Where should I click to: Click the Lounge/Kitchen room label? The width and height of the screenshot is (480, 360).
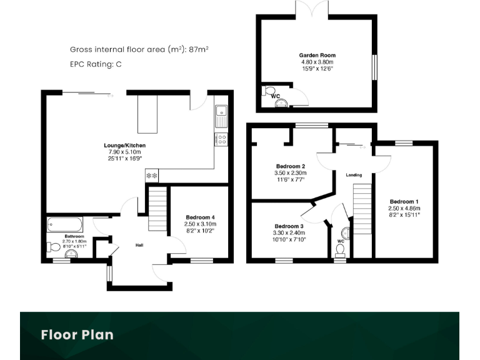[x=124, y=146]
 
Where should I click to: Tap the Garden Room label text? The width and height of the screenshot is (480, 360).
[x=318, y=55]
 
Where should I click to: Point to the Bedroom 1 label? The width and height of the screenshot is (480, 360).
[x=404, y=201]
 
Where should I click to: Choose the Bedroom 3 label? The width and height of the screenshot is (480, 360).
[x=289, y=226]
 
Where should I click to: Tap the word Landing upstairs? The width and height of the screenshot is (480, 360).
[x=354, y=175]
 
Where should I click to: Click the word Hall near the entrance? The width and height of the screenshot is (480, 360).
[x=140, y=245]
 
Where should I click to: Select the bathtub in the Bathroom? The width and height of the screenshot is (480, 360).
[x=64, y=224]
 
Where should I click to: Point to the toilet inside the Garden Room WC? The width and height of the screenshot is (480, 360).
[x=270, y=92]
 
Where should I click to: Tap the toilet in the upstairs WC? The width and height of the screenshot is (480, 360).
[x=341, y=250]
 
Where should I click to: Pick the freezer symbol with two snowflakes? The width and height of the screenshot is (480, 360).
[x=152, y=176]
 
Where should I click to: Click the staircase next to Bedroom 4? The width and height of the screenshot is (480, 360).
[x=157, y=210]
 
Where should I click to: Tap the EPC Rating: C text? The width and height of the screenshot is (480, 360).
[x=96, y=64]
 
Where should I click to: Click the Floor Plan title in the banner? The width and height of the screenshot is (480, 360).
[x=77, y=334]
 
